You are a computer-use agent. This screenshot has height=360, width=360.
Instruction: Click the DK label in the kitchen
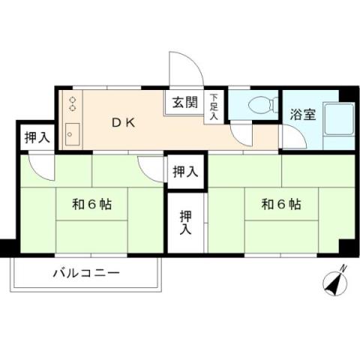point(124,123)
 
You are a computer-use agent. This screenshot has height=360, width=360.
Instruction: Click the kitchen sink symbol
point(73,133)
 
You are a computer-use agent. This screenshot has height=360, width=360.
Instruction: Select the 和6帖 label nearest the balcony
point(92,203)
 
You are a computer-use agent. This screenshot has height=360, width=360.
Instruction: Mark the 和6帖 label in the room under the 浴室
point(282,203)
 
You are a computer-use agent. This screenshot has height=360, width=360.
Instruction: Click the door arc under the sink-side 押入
point(40,167)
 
